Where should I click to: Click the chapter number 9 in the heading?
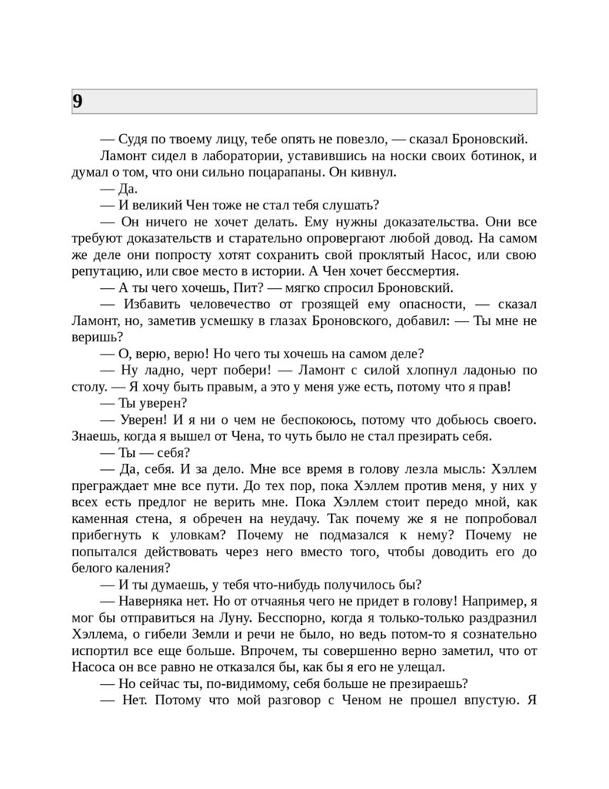point(78,101)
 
